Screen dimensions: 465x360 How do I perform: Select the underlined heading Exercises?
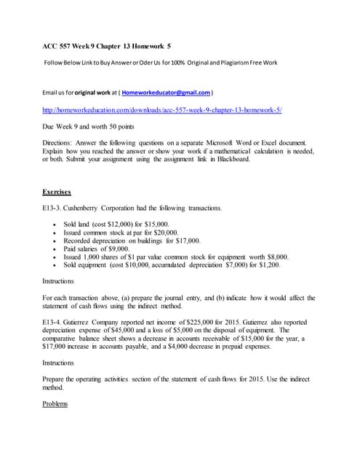(x=57, y=193)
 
